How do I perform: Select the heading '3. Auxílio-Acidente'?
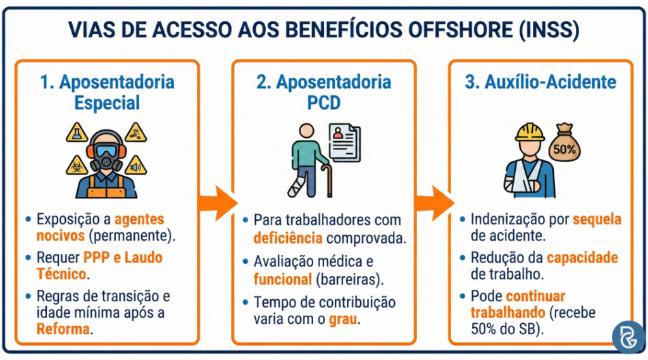(x=540, y=83)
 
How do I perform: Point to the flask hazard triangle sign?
(x=77, y=133)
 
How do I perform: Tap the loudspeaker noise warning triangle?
(x=134, y=167)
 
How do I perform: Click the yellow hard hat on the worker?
(x=530, y=131)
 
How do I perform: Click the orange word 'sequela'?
(x=597, y=220)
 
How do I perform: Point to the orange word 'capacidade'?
(x=582, y=258)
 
